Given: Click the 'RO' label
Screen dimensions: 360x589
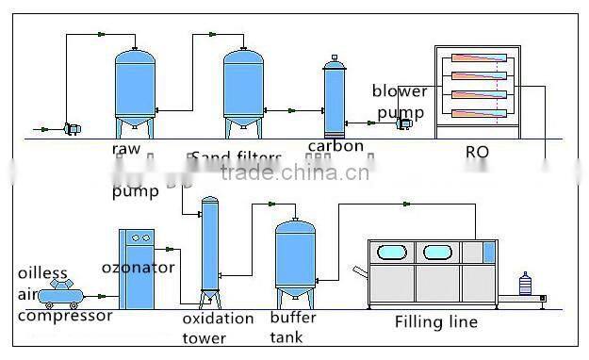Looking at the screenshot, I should click(477, 151).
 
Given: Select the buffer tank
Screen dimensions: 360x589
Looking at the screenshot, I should click(294, 257).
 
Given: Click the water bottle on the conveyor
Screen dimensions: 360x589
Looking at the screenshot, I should click(525, 283).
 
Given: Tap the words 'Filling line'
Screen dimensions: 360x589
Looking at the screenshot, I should click(436, 322).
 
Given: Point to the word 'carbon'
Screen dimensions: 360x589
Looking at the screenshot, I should click(336, 147).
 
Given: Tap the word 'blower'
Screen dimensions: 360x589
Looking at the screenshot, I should click(399, 91).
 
